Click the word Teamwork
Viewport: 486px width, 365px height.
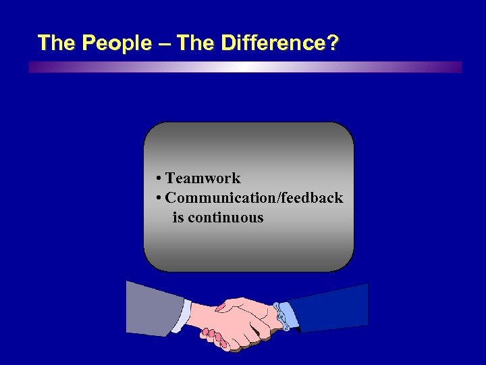[202, 178]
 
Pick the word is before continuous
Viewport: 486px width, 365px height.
[178, 218]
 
